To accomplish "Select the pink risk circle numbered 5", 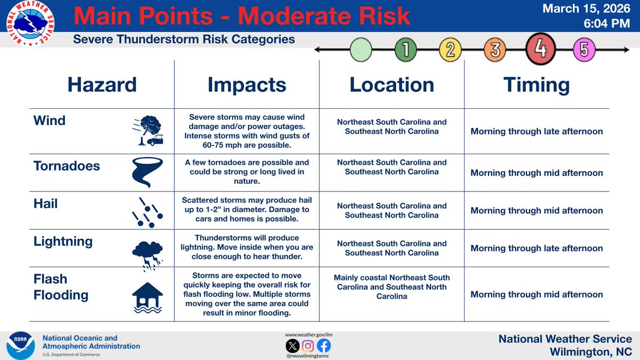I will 584,51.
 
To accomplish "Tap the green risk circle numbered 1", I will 405,51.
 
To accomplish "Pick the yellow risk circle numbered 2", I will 450,51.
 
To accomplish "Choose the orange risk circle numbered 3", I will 494,51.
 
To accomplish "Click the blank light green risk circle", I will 361,51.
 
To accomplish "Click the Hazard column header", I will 101,85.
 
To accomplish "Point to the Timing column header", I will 537,85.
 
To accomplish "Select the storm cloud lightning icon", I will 147,251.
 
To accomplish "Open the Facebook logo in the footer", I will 324,346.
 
